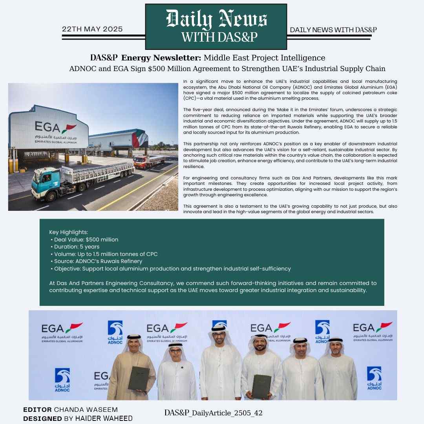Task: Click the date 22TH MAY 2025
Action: click(x=92, y=29)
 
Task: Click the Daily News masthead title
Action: click(x=216, y=19)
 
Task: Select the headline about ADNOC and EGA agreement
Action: click(x=227, y=69)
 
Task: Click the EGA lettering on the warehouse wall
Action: click(x=48, y=127)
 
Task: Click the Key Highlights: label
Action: click(x=69, y=232)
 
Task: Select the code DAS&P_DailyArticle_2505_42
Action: click(x=213, y=413)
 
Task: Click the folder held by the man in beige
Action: click(x=139, y=378)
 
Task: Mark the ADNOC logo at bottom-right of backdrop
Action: click(x=374, y=378)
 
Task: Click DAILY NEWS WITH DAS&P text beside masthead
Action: click(x=333, y=30)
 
